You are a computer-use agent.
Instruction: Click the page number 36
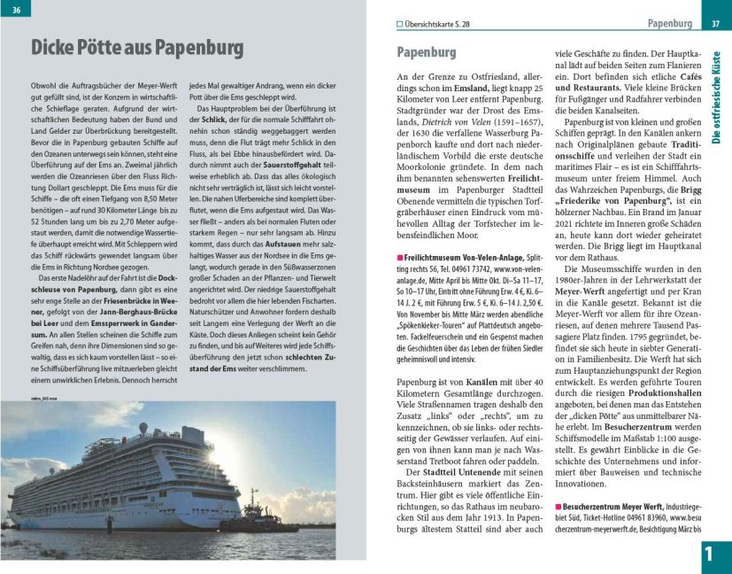click(x=17, y=9)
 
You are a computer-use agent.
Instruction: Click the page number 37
click(x=715, y=23)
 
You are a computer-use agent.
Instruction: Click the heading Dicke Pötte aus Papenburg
click(x=137, y=46)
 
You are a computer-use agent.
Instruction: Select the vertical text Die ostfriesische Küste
click(x=716, y=97)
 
